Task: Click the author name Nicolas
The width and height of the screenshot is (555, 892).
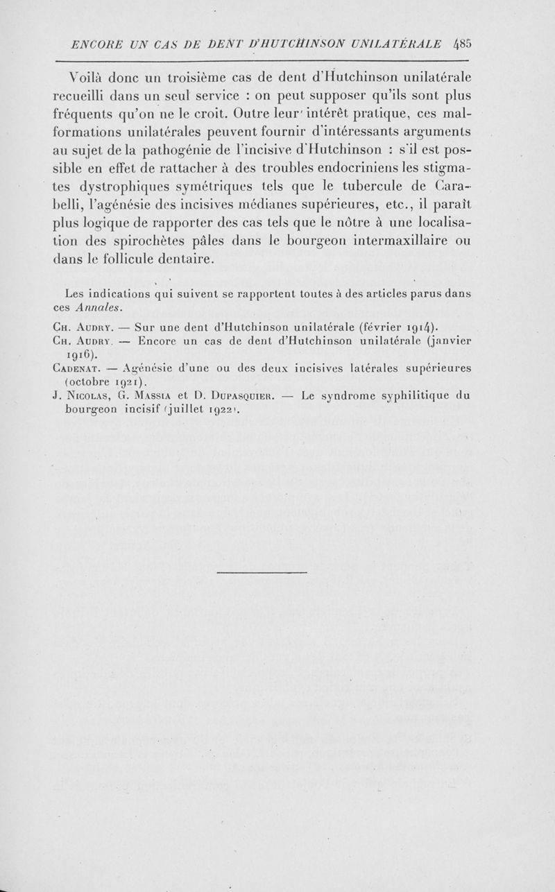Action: (x=88, y=397)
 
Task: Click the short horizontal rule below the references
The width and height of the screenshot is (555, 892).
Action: (x=262, y=572)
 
